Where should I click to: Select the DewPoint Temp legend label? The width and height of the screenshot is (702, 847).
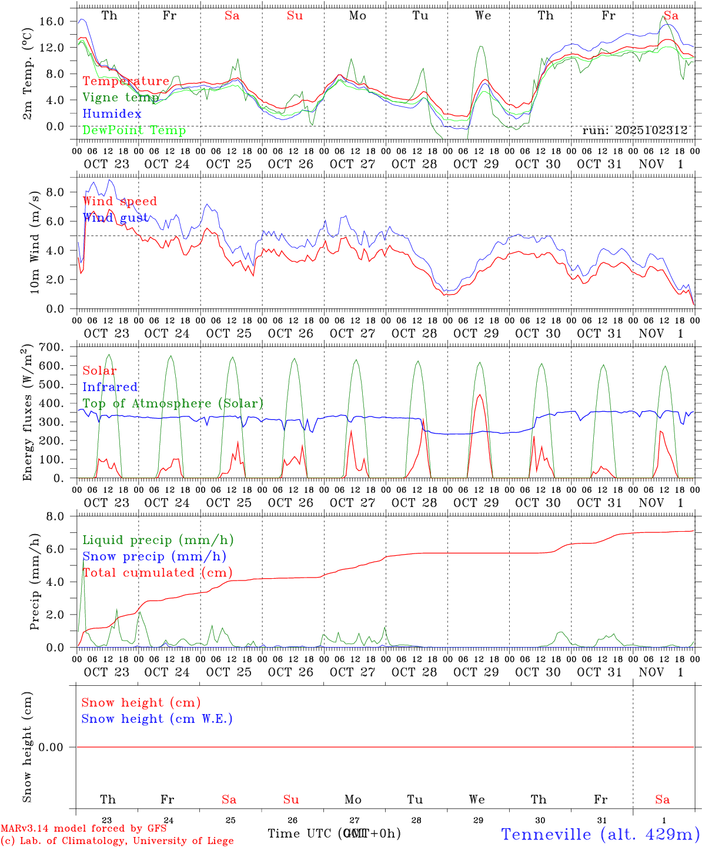click(134, 131)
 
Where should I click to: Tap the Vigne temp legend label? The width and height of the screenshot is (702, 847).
click(121, 98)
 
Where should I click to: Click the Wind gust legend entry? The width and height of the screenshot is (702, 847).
click(115, 218)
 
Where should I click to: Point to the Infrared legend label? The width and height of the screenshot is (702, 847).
click(110, 387)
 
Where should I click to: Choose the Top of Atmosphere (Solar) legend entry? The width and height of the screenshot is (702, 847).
click(172, 404)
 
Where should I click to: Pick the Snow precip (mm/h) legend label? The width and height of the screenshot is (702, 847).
click(154, 556)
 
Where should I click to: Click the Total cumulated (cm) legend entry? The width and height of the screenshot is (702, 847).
click(157, 573)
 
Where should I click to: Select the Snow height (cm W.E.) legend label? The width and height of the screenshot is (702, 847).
click(156, 719)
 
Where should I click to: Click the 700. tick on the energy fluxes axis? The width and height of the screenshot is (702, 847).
click(52, 347)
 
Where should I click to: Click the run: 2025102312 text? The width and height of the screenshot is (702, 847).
click(634, 131)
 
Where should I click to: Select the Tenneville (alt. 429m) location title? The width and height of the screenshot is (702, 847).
click(600, 834)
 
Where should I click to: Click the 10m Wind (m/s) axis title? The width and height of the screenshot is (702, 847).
click(35, 242)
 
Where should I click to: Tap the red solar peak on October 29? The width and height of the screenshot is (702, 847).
click(480, 395)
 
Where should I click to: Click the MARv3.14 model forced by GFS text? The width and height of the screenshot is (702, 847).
click(83, 828)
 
